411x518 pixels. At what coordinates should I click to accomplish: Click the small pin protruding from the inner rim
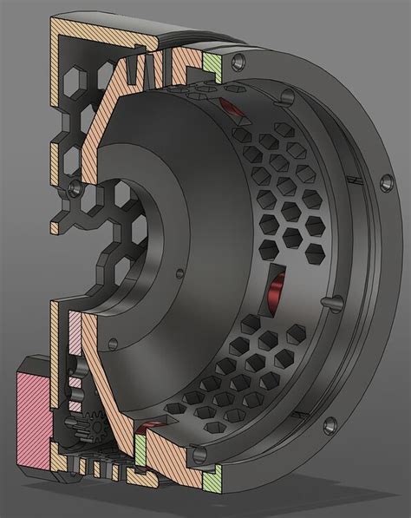(x=331, y=299)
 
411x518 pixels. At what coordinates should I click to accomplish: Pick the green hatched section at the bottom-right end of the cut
(x=211, y=475)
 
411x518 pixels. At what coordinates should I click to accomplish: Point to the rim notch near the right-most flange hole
(x=355, y=178)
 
